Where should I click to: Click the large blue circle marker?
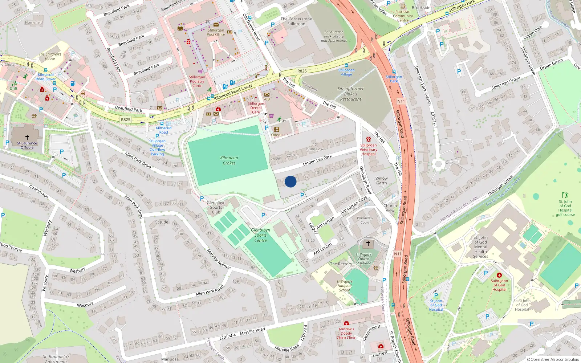290,181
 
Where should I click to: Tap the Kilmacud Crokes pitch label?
229,160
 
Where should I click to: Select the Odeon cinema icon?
277,129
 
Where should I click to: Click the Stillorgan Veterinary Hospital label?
369,150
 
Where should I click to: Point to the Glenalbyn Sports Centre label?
260,235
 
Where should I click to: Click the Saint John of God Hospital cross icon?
499,275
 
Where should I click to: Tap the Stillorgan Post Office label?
216,33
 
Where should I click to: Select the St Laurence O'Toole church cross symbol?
27,137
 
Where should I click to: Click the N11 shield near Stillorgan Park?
401,101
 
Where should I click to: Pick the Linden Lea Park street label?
317,160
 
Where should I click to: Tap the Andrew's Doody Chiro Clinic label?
346,333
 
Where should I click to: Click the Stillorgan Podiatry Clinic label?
197,81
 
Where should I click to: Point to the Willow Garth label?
381,180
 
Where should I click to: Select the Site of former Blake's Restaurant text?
350,94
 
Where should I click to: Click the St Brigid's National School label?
344,286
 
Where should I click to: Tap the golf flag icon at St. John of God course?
565,195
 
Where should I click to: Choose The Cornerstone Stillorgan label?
296,21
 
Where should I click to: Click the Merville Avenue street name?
219,259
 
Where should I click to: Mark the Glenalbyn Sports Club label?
216,207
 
